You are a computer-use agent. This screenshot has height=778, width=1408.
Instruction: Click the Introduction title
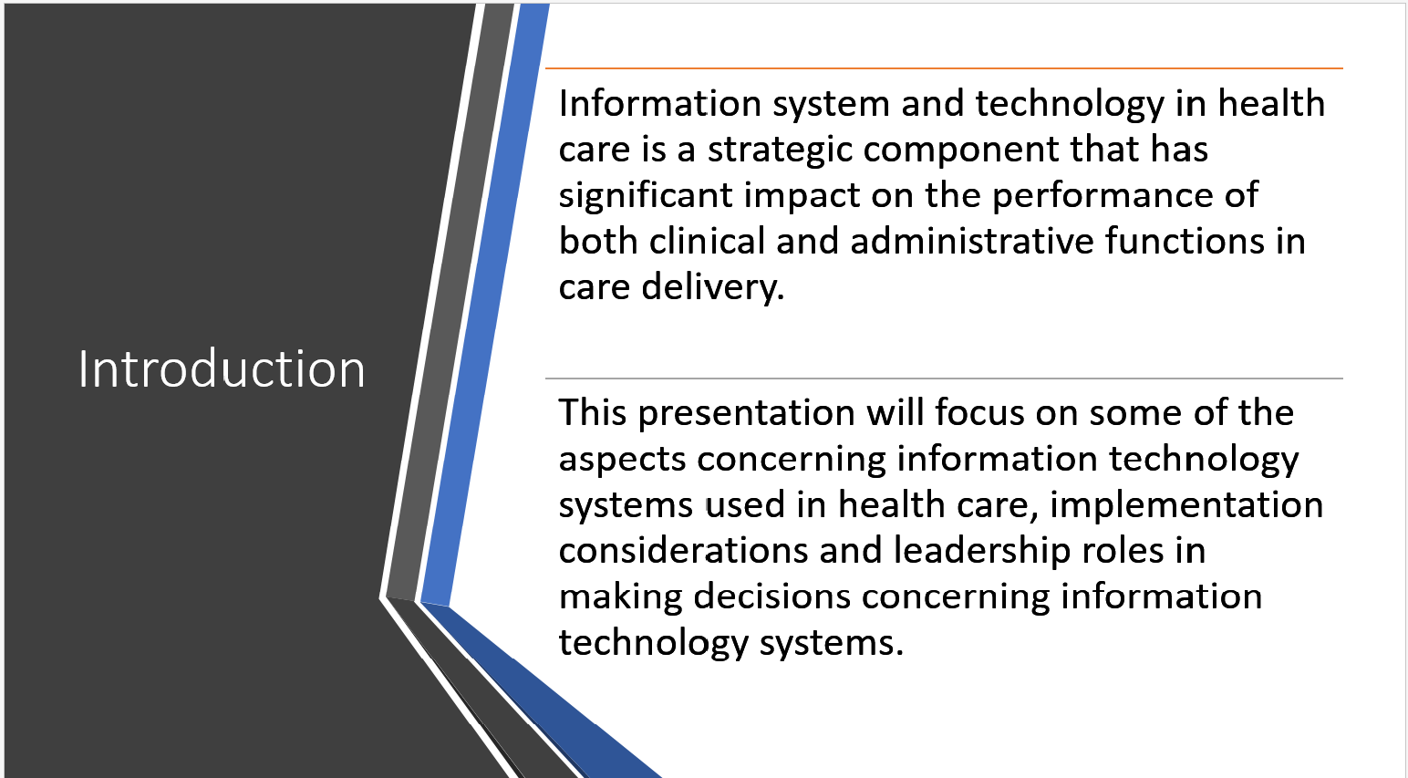[x=222, y=368]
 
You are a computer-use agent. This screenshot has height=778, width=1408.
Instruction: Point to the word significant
[x=646, y=195]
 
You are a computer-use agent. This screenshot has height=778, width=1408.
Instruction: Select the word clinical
[x=707, y=241]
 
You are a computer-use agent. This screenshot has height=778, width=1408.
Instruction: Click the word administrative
[x=972, y=241]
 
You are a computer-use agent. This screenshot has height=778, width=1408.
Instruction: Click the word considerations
[x=683, y=551]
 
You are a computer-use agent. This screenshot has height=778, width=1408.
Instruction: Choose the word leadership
[x=982, y=552]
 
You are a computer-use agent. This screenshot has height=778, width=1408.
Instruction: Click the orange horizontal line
[x=944, y=67]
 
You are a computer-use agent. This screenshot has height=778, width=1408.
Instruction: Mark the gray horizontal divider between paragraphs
[x=944, y=379]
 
